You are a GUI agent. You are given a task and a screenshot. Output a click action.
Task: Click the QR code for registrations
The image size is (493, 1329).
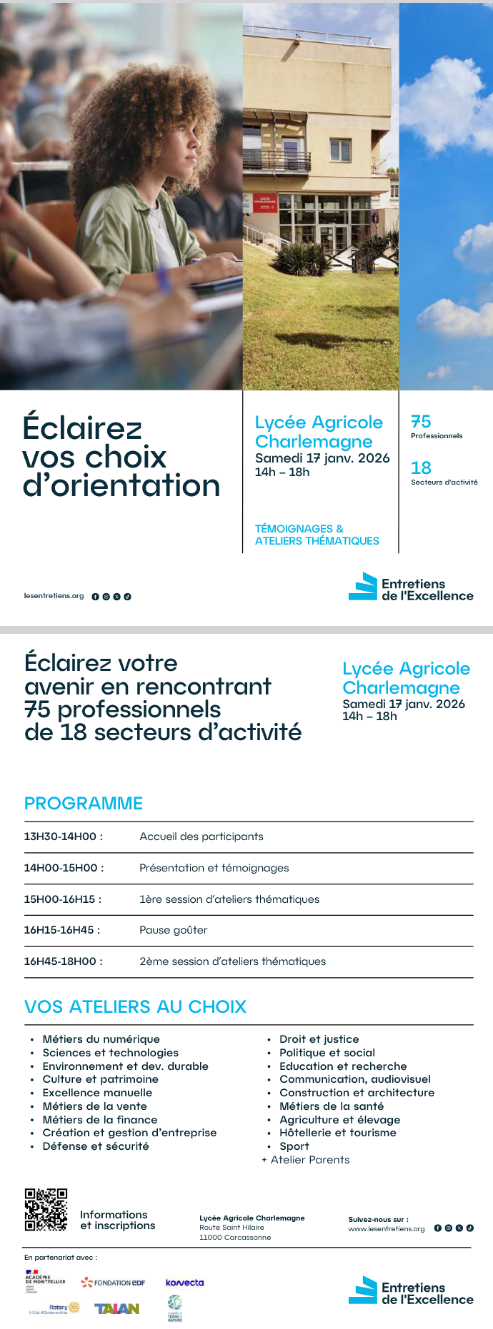point(46,1209)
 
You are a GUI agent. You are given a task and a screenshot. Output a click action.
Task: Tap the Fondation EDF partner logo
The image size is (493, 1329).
point(113,1283)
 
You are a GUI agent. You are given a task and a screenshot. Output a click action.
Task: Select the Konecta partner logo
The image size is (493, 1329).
point(184,1283)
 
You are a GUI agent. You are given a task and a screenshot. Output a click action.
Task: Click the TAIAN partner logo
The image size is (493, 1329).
point(116,1308)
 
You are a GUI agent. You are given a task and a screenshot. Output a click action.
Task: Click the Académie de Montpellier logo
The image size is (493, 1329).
point(45,1280)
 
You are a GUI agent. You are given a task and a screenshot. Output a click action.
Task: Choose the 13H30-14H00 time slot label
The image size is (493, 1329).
point(64,837)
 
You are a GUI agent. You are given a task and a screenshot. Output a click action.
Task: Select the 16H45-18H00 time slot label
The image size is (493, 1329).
point(64,961)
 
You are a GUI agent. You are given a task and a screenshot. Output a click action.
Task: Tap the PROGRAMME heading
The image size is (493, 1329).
point(84,803)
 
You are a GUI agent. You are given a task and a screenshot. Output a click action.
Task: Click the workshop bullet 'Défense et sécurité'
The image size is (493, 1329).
point(96,1146)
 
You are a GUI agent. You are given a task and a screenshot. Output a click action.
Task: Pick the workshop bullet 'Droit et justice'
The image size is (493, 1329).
point(319,1039)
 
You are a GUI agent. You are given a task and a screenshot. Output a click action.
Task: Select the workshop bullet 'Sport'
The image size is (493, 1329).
point(294,1146)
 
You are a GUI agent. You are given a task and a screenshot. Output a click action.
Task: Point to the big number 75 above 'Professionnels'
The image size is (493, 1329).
point(421,422)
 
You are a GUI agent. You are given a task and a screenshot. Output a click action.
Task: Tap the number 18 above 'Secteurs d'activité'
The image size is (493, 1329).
point(421,468)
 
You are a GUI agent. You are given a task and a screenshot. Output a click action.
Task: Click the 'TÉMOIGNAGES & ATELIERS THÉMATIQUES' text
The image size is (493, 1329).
point(317,535)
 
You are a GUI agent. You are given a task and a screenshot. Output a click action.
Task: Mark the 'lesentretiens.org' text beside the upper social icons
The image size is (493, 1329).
point(54,596)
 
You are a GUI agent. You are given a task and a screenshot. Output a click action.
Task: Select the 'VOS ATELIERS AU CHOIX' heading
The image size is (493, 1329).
point(135,1006)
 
